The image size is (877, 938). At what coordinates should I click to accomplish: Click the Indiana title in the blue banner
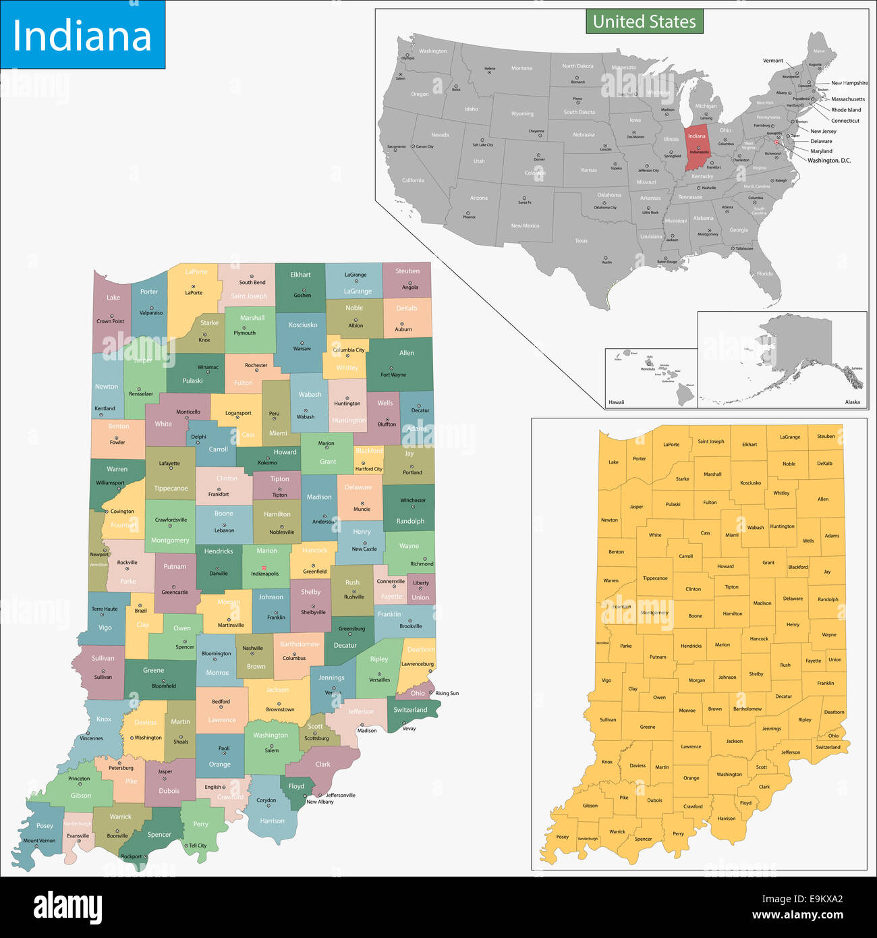(x=82, y=36)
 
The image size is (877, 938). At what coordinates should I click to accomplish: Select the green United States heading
(x=644, y=22)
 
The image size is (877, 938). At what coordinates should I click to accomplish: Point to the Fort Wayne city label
(x=393, y=375)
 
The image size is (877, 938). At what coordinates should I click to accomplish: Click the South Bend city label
(x=252, y=283)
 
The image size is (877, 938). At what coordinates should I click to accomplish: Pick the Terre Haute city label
(x=105, y=609)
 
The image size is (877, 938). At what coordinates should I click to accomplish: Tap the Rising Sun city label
(x=447, y=693)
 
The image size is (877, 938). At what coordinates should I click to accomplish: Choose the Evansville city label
(x=78, y=835)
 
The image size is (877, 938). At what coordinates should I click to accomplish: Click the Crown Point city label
(x=110, y=321)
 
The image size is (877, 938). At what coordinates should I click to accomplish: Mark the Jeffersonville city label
(x=340, y=795)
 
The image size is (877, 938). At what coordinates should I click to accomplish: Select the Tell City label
(x=198, y=846)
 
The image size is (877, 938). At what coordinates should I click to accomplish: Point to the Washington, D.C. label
(x=829, y=161)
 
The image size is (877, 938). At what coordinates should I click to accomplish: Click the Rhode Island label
(x=846, y=109)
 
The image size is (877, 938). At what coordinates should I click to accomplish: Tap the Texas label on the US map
(x=581, y=240)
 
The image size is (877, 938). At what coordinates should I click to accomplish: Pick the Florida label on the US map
(x=764, y=273)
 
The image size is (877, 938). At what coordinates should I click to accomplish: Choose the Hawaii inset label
(x=616, y=402)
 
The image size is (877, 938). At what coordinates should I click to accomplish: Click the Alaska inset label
(x=852, y=402)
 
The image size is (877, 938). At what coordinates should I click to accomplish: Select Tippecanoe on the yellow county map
(x=654, y=578)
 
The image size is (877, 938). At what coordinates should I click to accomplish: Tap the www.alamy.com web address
(x=797, y=916)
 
